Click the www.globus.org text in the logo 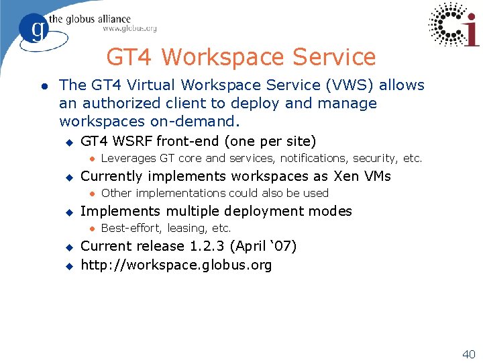129,29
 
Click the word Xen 347,176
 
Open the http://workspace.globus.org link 176,265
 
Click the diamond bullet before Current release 68,247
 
